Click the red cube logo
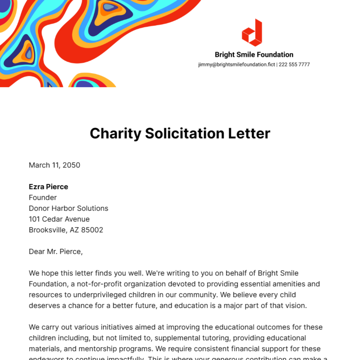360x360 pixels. [x=252, y=33]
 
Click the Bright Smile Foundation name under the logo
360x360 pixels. [x=254, y=55]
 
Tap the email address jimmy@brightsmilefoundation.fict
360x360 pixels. [x=236, y=64]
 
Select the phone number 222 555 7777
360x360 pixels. [x=294, y=64]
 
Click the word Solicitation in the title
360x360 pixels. [x=184, y=133]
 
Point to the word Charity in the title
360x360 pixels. [x=115, y=133]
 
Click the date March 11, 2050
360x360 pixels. [x=54, y=165]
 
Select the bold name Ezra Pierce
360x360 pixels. [x=48, y=187]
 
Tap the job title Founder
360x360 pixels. [x=43, y=197]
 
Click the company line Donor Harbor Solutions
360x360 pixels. [x=68, y=208]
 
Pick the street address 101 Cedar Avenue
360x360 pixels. [x=59, y=219]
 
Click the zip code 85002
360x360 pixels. [x=92, y=230]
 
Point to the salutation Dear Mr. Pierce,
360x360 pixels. [x=55, y=251]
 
